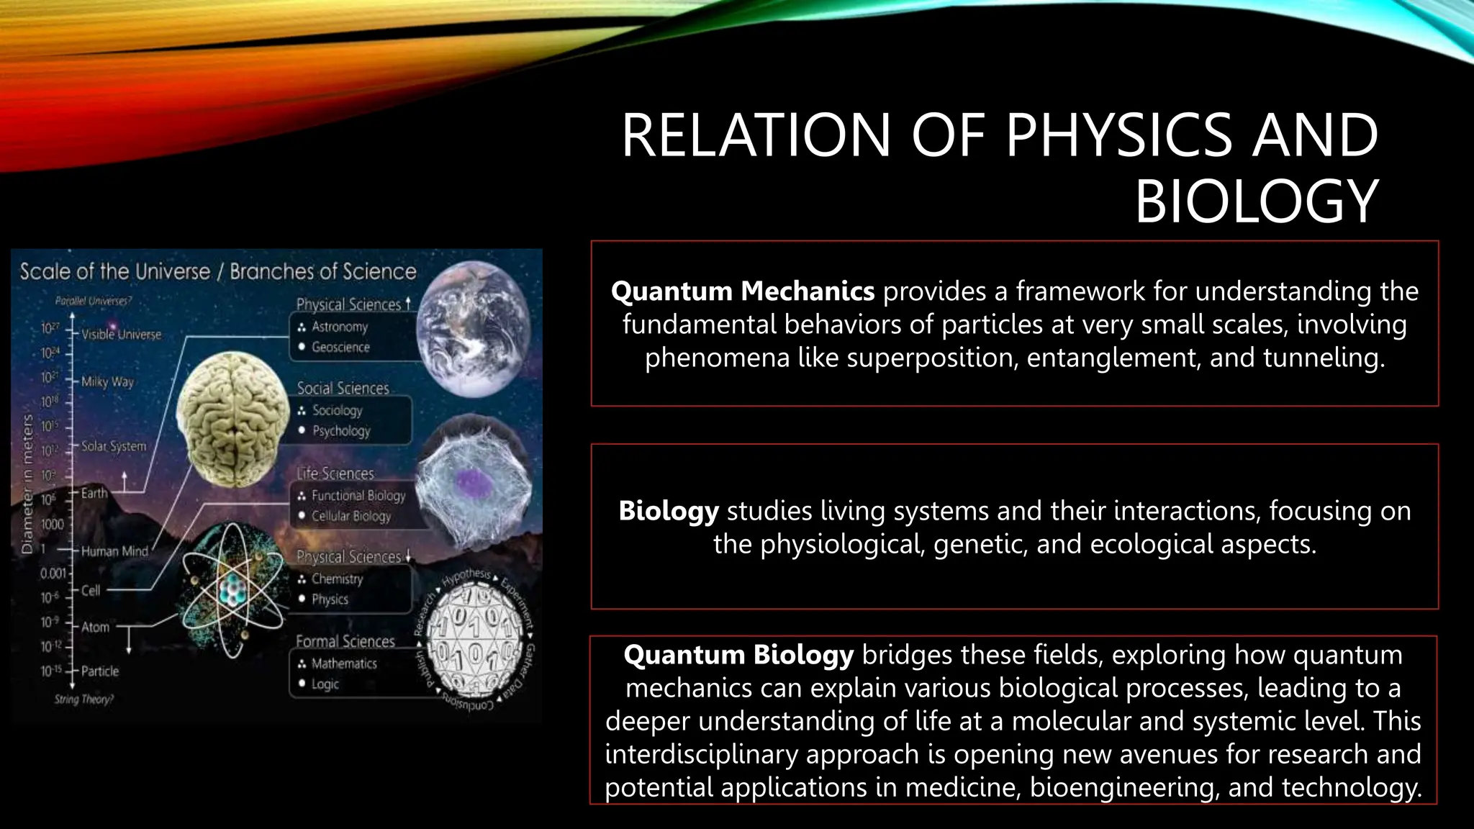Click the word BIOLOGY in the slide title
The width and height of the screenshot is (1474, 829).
(1256, 201)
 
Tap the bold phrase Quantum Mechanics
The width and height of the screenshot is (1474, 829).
(743, 291)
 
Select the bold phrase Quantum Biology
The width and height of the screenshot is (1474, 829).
(738, 655)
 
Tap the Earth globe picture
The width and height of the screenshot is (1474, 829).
(474, 338)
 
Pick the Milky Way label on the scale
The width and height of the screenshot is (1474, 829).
(107, 381)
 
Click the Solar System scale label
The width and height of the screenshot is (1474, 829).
(113, 446)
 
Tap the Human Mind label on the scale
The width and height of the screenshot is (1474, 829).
(114, 551)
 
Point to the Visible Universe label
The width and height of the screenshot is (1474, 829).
(121, 335)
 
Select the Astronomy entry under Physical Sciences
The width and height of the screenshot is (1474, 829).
(340, 327)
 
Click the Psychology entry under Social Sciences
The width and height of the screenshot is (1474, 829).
(341, 431)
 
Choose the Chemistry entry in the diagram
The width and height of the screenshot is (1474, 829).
(337, 579)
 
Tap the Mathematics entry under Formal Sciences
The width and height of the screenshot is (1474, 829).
(344, 663)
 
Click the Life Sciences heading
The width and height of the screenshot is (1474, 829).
(335, 474)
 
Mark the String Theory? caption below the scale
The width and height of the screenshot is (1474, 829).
(84, 699)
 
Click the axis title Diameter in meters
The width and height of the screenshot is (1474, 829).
(27, 484)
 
